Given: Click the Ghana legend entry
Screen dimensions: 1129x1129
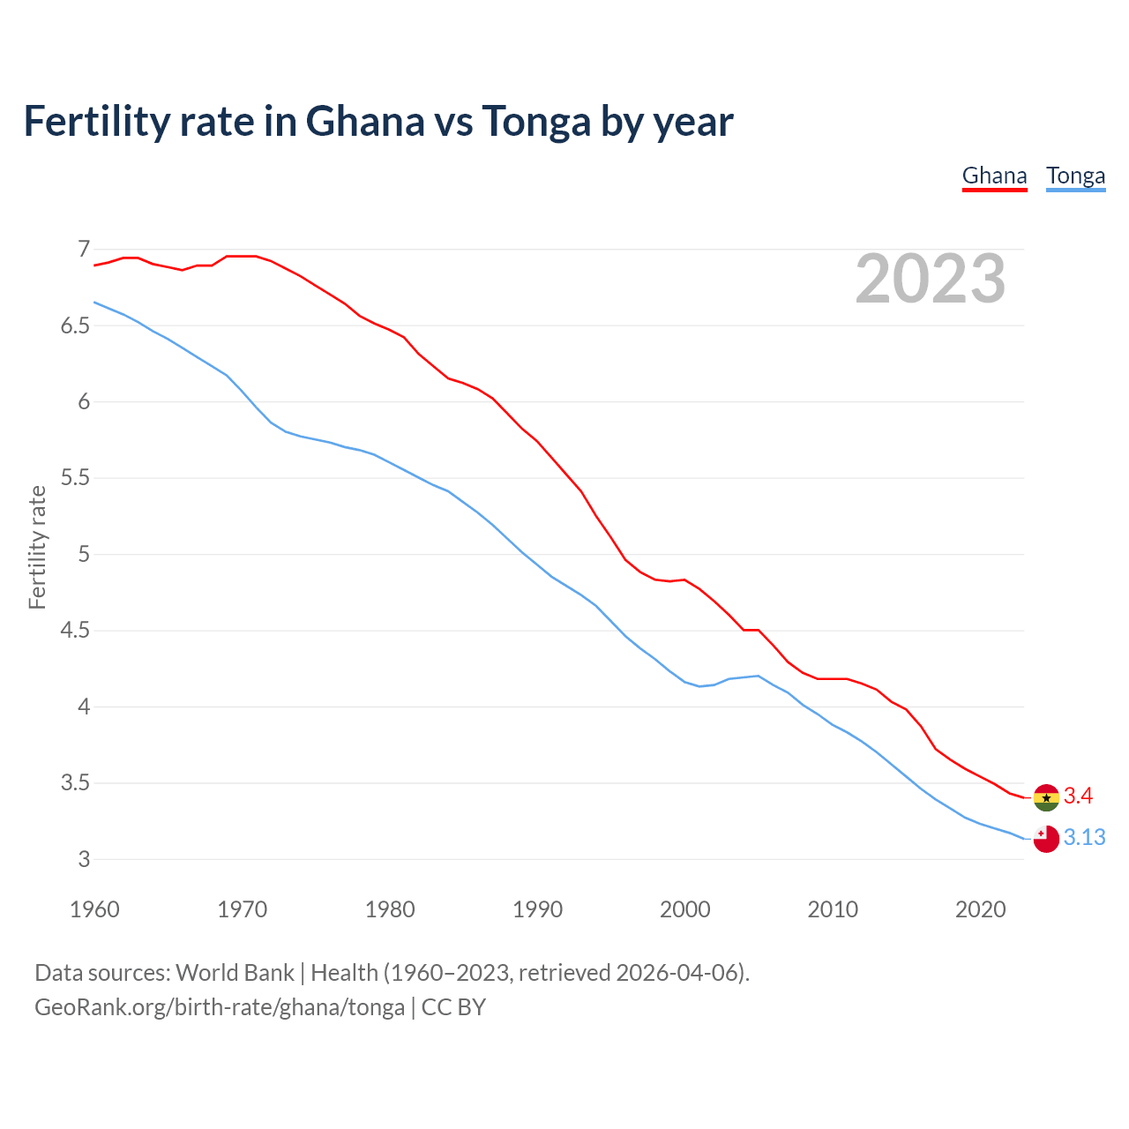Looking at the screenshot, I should pyautogui.click(x=994, y=176).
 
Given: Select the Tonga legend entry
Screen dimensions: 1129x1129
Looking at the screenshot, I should pyautogui.click(x=1075, y=176).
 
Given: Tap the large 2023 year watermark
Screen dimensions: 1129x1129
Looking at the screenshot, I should pyautogui.click(x=930, y=279).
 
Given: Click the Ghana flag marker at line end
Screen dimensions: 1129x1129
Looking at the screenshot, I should pyautogui.click(x=1046, y=797).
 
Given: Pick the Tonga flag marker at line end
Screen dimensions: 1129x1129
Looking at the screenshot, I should pyautogui.click(x=1046, y=839).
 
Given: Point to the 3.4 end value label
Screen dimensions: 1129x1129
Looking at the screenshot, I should pyautogui.click(x=1078, y=796).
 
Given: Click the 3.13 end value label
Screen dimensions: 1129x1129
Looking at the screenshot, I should pyautogui.click(x=1084, y=838).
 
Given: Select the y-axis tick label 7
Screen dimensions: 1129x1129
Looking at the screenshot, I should pyautogui.click(x=85, y=250).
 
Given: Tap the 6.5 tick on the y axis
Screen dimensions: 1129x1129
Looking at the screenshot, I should pyautogui.click(x=75, y=326).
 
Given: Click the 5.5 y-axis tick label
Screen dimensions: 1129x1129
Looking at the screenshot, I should pyautogui.click(x=75, y=479).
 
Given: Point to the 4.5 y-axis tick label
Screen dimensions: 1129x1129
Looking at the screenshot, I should pyautogui.click(x=75, y=631).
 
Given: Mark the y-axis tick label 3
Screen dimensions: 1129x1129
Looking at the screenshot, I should pyautogui.click(x=85, y=860).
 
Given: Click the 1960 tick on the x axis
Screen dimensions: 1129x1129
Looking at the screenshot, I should pyautogui.click(x=94, y=909).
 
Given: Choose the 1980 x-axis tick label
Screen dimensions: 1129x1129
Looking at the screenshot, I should pyautogui.click(x=390, y=909).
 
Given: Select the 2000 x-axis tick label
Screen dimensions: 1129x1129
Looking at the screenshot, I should pyautogui.click(x=685, y=909).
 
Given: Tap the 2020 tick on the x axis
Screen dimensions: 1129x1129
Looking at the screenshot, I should pyautogui.click(x=980, y=909).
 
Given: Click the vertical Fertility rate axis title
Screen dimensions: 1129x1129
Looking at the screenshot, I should pyautogui.click(x=37, y=547).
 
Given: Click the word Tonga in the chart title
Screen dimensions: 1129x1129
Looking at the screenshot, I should pyautogui.click(x=535, y=122).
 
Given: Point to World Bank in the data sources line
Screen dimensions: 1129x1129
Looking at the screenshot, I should pyautogui.click(x=235, y=973).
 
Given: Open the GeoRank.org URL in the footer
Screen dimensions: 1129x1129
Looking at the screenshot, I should pyautogui.click(x=220, y=1007).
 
